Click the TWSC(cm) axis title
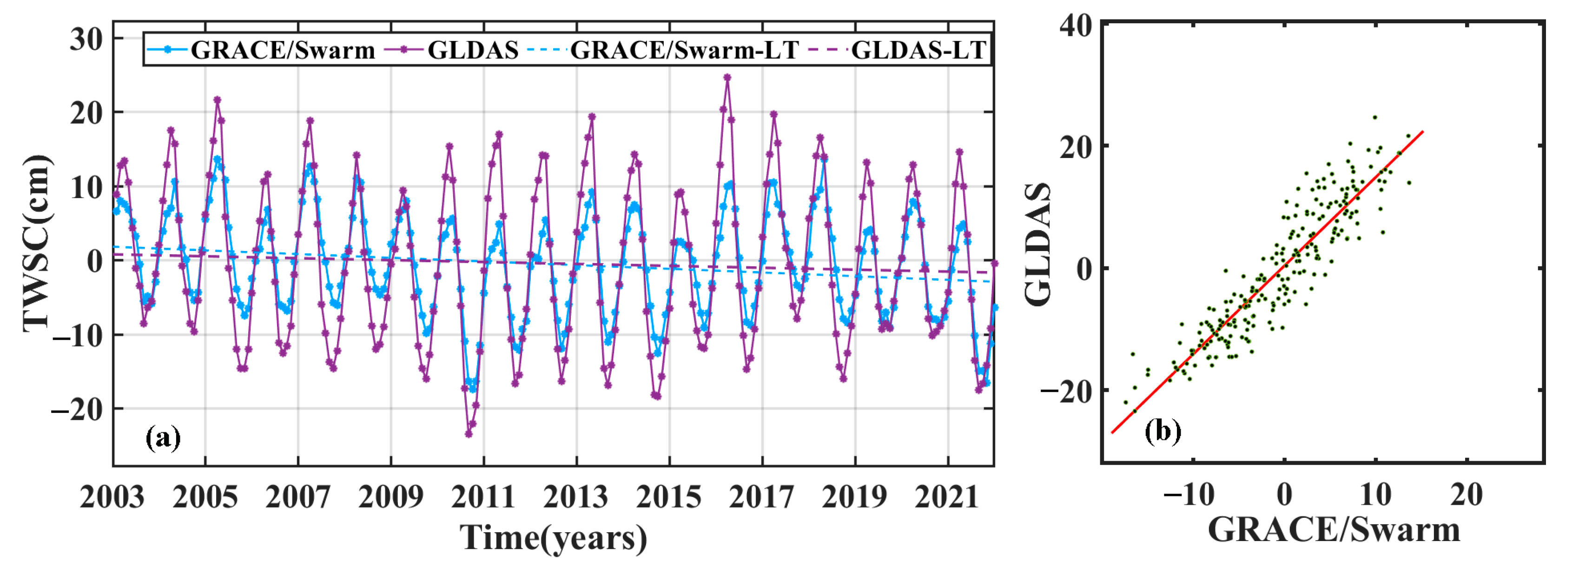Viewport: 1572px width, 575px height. [37, 243]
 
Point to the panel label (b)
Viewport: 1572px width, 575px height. [1162, 431]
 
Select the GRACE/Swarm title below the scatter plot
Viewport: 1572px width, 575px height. [1334, 529]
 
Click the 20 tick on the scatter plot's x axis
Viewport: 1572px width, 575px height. [1466, 494]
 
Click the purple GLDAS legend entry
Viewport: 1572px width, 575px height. [472, 49]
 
